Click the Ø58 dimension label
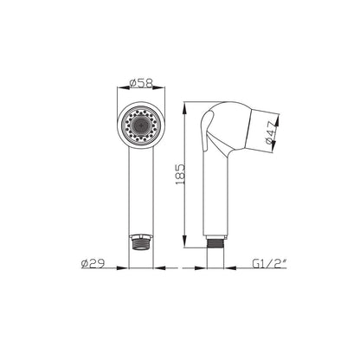(141, 83)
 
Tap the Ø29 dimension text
(93, 264)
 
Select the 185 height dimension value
(179, 175)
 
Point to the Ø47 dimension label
(271, 133)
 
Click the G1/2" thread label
(269, 263)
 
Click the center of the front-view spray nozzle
(141, 125)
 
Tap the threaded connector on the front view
(140, 242)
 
